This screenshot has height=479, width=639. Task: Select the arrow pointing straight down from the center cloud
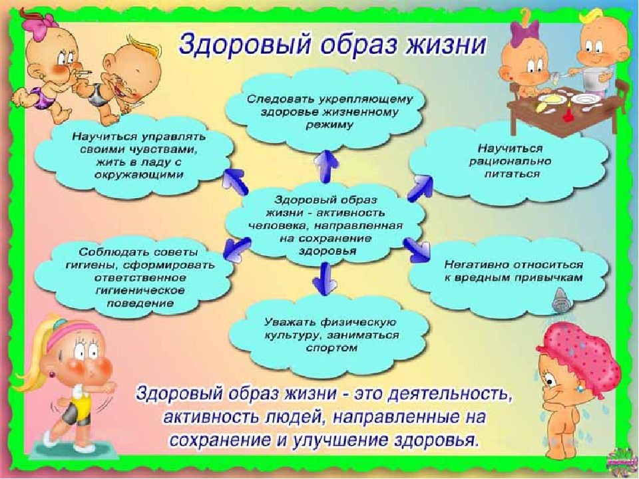tap(325, 278)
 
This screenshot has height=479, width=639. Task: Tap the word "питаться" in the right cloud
tap(512, 174)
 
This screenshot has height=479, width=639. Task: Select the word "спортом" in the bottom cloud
tap(331, 348)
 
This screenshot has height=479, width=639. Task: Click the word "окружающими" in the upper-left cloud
tap(139, 175)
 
